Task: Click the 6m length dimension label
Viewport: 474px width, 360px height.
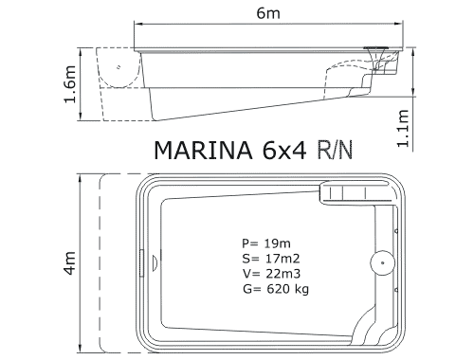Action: (x=268, y=13)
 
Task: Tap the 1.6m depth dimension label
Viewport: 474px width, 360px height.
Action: (x=70, y=84)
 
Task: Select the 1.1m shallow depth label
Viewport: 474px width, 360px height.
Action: (x=403, y=128)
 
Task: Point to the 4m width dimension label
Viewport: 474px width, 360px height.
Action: (x=70, y=263)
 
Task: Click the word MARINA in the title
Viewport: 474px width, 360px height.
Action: (x=203, y=150)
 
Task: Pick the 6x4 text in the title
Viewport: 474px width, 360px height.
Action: (x=283, y=150)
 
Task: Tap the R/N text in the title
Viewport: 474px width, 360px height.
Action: (x=335, y=150)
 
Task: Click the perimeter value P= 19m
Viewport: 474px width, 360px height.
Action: (x=266, y=243)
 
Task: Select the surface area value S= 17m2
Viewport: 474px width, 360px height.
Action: (x=271, y=259)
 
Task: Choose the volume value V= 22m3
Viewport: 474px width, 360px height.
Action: (x=271, y=274)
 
